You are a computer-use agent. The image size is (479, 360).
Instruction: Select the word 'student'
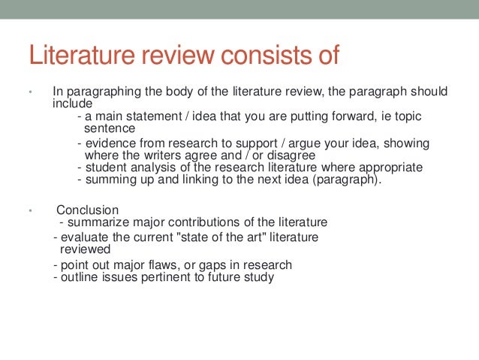[x=107, y=168]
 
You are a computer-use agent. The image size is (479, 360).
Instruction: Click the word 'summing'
[x=110, y=180]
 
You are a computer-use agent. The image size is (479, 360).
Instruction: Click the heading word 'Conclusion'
[x=88, y=210]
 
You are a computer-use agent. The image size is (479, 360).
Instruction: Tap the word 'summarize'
[x=97, y=222]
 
